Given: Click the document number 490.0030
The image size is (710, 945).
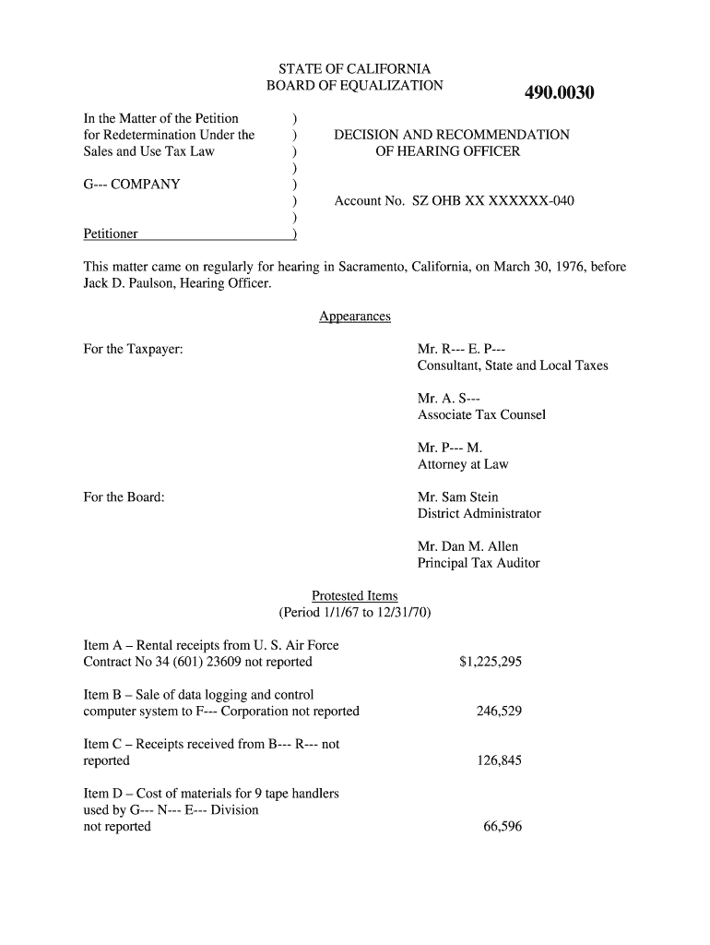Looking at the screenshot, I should point(559,93).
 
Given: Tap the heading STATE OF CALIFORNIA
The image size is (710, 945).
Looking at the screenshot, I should point(355,69).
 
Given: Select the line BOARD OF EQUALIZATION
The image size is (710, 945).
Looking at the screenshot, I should point(355,86).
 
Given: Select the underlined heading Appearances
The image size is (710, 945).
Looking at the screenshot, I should point(355,317).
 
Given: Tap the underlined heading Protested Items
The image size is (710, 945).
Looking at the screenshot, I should point(355,596).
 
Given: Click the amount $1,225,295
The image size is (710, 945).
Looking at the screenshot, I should point(490,662).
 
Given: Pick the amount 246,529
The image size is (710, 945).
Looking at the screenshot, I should point(499,712).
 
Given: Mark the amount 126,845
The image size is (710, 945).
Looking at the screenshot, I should point(499,761).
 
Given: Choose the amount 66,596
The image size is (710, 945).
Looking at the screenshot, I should point(503,827).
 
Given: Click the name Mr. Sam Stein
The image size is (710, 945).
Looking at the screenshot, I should point(458,497).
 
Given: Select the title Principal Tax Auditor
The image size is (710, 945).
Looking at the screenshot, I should point(479,563).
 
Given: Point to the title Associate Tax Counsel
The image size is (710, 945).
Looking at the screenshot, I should point(481,414).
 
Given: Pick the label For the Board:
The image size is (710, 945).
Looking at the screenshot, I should point(124,497).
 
